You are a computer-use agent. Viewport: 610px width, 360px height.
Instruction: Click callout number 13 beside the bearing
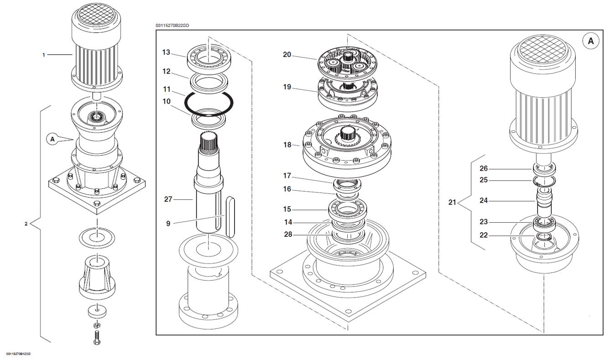pyautogui.click(x=166, y=52)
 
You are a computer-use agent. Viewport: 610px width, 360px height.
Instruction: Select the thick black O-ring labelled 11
pyautogui.click(x=185, y=104)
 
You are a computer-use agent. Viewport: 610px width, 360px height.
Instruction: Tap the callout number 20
pyautogui.click(x=287, y=55)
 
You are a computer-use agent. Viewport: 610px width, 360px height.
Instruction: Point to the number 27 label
pyautogui.click(x=168, y=199)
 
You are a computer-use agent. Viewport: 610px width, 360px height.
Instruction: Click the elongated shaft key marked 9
pyautogui.click(x=230, y=217)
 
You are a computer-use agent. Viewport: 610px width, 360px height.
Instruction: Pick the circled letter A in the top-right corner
pyautogui.click(x=591, y=41)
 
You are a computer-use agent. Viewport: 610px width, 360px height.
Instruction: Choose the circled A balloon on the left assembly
pyautogui.click(x=52, y=140)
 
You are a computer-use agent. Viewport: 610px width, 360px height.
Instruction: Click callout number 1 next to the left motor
pyautogui.click(x=44, y=55)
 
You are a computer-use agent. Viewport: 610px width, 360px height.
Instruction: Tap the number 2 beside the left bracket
pyautogui.click(x=26, y=224)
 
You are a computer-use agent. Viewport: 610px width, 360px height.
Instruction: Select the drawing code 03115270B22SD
pyautogui.click(x=172, y=26)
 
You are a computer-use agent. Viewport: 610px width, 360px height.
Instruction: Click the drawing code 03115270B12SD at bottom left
pyautogui.click(x=18, y=354)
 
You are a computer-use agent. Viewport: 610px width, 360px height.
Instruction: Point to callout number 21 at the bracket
pyautogui.click(x=452, y=202)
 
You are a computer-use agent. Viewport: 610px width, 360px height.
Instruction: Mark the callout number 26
pyautogui.click(x=484, y=168)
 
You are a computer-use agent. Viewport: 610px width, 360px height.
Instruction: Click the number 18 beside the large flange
pyautogui.click(x=287, y=145)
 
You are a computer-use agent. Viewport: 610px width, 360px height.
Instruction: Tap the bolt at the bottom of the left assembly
pyautogui.click(x=97, y=337)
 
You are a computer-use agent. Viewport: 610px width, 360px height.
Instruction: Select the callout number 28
pyautogui.click(x=288, y=235)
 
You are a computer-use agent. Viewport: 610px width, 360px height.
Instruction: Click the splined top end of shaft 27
pyautogui.click(x=209, y=141)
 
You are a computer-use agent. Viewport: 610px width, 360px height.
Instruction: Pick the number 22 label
pyautogui.click(x=484, y=235)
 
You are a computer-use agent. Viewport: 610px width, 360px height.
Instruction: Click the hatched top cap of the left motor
pyautogui.click(x=96, y=13)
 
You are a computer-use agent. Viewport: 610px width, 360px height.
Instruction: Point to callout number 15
pyautogui.click(x=287, y=209)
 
